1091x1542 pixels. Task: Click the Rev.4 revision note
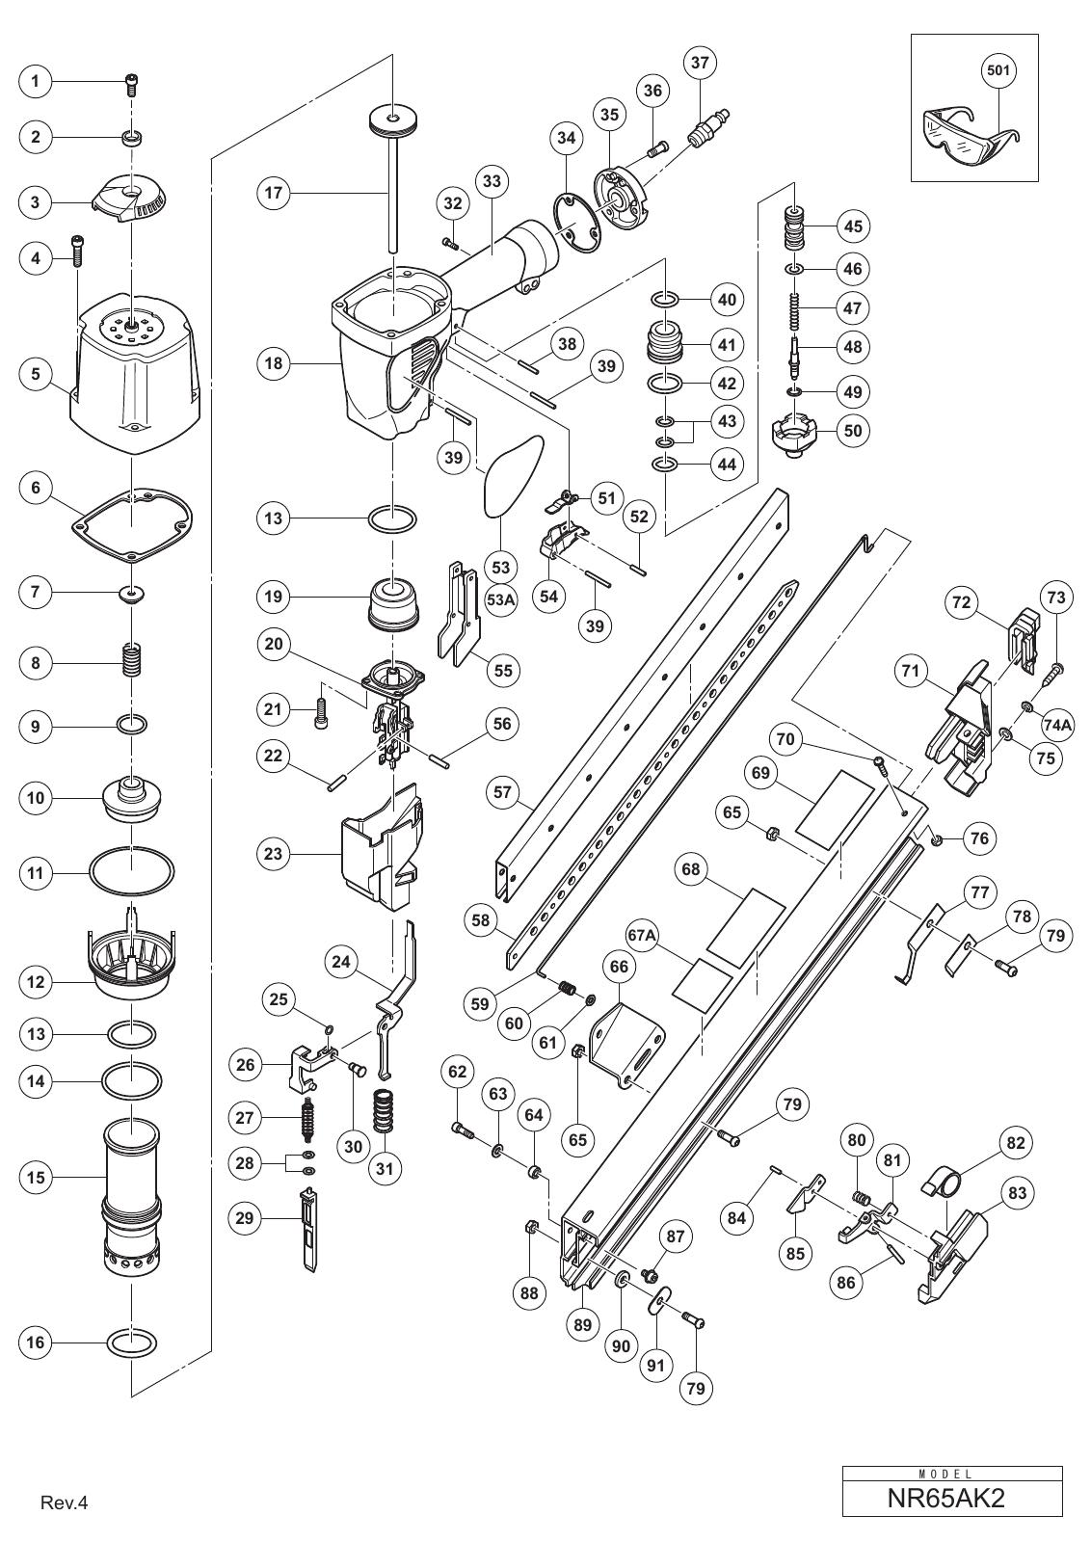pyautogui.click(x=64, y=1517)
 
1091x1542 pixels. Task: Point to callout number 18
pyautogui.click(x=274, y=362)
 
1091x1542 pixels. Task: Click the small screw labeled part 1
pyautogui.click(x=131, y=86)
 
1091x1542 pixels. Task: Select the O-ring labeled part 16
pyautogui.click(x=131, y=1342)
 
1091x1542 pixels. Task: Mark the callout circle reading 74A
pyautogui.click(x=1051, y=723)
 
